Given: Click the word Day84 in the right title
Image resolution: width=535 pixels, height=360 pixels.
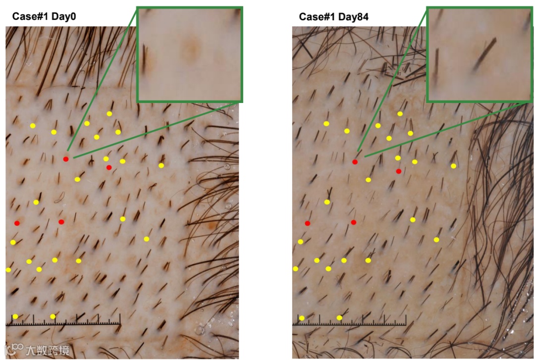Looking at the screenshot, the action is pyautogui.click(x=354, y=17).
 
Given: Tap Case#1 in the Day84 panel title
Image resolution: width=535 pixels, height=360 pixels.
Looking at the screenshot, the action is pyautogui.click(x=317, y=17).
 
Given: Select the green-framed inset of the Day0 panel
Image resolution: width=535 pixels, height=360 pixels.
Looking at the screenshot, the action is pyautogui.click(x=190, y=54).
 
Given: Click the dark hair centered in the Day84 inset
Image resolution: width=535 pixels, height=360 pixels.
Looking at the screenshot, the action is pyautogui.click(x=484, y=53).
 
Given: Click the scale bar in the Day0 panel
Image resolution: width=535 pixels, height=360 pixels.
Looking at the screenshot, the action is pyautogui.click(x=63, y=322).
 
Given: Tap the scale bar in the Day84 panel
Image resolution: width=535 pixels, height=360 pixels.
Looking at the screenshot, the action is pyautogui.click(x=349, y=322).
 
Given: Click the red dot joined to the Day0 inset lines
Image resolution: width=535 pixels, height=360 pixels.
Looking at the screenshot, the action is pyautogui.click(x=66, y=159).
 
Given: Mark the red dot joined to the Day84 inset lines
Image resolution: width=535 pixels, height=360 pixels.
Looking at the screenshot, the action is pyautogui.click(x=355, y=162).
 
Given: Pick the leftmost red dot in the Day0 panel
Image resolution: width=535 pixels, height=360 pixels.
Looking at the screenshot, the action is pyautogui.click(x=17, y=223).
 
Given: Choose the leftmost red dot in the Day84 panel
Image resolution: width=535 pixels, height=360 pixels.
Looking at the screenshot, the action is pyautogui.click(x=308, y=223).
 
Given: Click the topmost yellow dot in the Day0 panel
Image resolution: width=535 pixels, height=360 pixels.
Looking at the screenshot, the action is pyautogui.click(x=109, y=114).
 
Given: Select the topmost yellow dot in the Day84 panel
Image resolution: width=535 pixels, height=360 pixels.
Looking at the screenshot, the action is pyautogui.click(x=400, y=114).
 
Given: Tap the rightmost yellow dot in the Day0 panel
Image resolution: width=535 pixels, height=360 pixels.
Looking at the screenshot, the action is pyautogui.click(x=161, y=165).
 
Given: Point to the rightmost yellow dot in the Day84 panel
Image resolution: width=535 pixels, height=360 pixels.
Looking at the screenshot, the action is pyautogui.click(x=453, y=166).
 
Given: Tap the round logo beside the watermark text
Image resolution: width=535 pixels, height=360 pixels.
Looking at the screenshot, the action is pyautogui.click(x=18, y=349).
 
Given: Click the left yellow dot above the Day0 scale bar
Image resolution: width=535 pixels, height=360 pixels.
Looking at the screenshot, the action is pyautogui.click(x=15, y=316).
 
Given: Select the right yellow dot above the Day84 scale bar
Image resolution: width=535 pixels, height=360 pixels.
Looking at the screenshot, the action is pyautogui.click(x=339, y=317).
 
